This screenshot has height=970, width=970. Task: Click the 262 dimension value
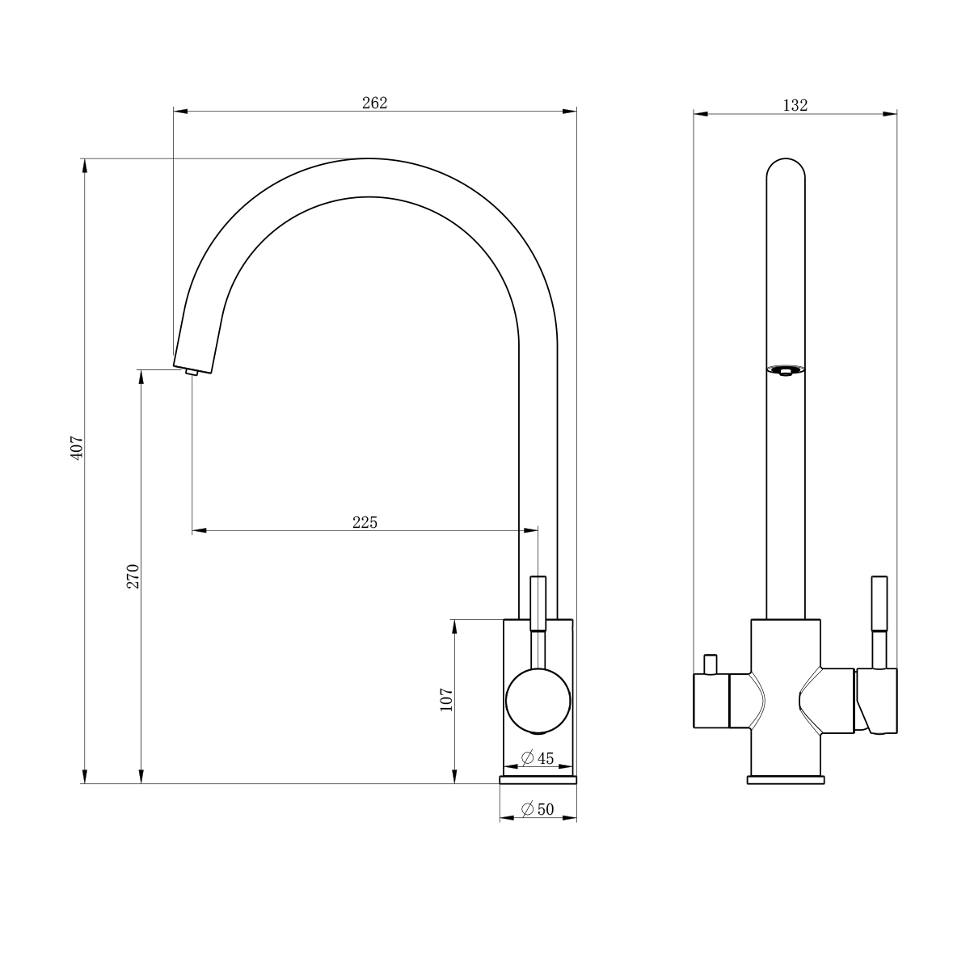[374, 103]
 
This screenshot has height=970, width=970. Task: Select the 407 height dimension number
[77, 447]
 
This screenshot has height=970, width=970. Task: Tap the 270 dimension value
[133, 576]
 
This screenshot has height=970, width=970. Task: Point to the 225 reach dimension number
[365, 522]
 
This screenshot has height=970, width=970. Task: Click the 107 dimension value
[446, 699]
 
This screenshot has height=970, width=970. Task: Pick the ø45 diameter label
[537, 757]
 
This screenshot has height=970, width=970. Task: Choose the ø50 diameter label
[537, 809]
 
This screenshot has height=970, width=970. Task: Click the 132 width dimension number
[795, 105]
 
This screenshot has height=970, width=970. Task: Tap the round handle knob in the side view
[538, 701]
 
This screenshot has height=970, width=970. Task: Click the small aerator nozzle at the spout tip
[192, 372]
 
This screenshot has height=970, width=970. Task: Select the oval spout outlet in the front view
[785, 370]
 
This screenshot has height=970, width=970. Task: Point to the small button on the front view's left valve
[711, 664]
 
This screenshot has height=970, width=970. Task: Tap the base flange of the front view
[785, 780]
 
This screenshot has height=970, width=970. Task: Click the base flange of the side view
[538, 780]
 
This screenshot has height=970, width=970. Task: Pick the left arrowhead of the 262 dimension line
[180, 111]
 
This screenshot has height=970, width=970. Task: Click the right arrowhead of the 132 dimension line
[890, 114]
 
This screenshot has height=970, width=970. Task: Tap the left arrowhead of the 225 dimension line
[200, 530]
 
